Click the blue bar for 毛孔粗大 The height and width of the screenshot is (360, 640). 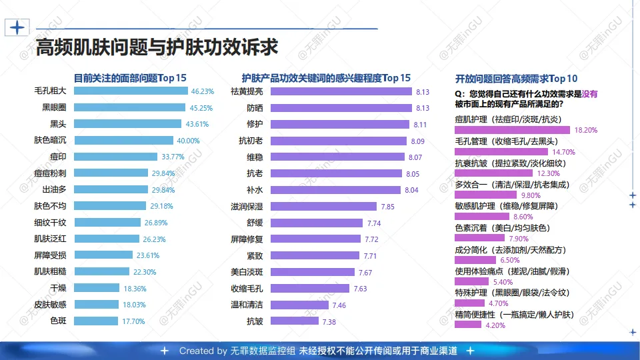tap(130, 91)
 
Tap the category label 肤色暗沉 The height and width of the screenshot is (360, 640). tap(50, 140)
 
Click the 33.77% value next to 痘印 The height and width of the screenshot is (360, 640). tap(173, 157)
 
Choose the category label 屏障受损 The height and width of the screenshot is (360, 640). tap(50, 255)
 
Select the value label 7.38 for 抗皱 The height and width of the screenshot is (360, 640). tap(329, 322)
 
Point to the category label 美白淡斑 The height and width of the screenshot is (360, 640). tap(247, 272)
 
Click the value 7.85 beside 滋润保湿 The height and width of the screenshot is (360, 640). tap(388, 207)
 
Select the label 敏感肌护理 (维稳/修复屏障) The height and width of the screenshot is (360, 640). tap(507, 206)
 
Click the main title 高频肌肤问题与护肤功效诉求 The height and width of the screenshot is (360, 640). tap(157, 48)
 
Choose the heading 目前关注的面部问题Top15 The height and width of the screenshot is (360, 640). tap(129, 77)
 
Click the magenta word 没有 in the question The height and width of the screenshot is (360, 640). tap(589, 94)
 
